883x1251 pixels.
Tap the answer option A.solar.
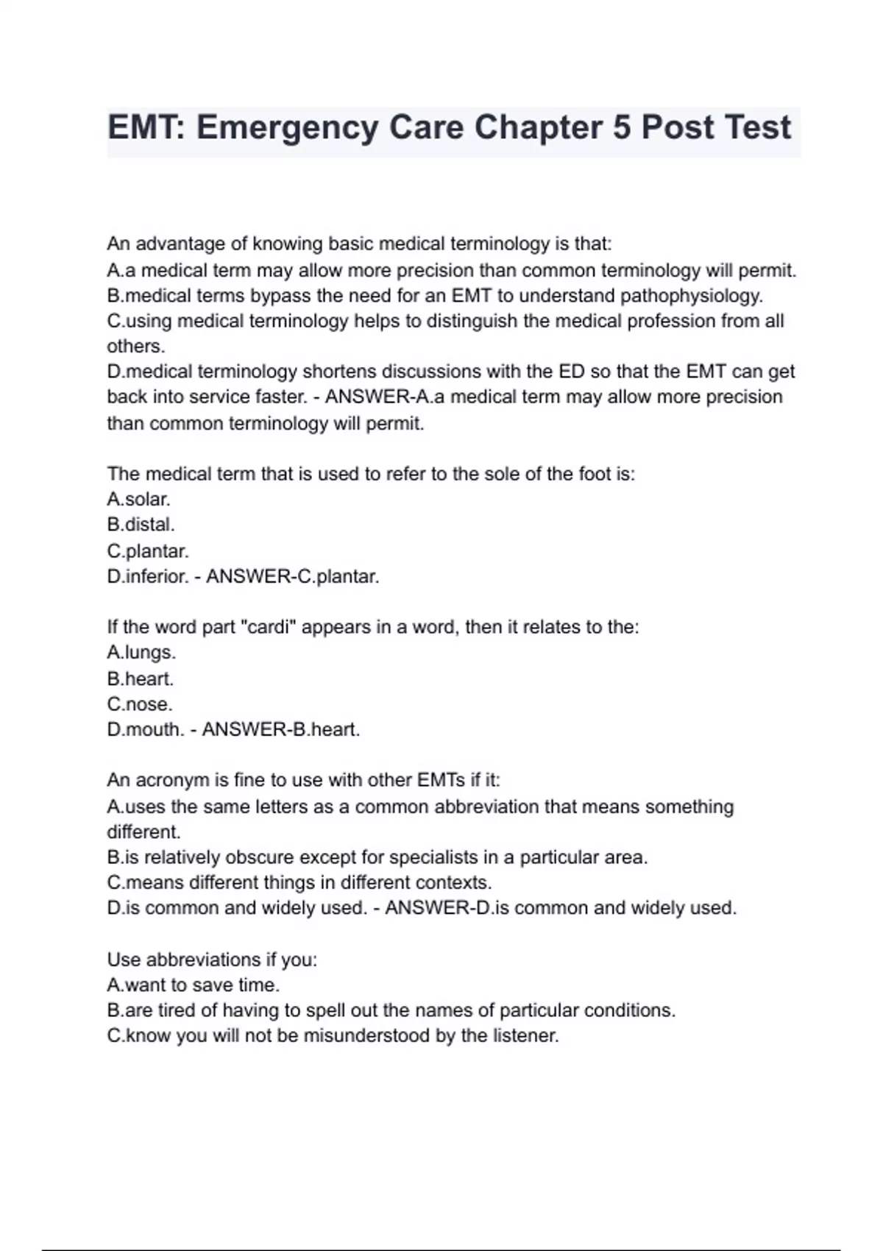tap(138, 499)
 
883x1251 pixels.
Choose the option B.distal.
tap(141, 525)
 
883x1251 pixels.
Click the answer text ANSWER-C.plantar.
tap(292, 576)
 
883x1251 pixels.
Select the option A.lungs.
tap(141, 653)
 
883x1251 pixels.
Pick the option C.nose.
tap(140, 704)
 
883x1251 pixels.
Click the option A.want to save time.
tap(193, 985)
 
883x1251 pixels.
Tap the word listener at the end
tap(527, 1035)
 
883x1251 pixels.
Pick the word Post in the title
tap(678, 128)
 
